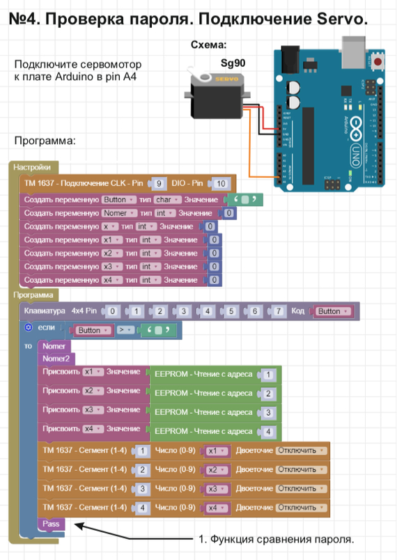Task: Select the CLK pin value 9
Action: pos(159,184)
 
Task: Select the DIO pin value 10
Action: pos(221,184)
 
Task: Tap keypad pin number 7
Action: pos(279,311)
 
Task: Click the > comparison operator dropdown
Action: pos(123,330)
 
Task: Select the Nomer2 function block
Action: pos(56,359)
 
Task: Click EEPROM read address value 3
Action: pos(269,413)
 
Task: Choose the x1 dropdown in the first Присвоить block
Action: pos(92,372)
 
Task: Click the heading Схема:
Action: pos(208,45)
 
